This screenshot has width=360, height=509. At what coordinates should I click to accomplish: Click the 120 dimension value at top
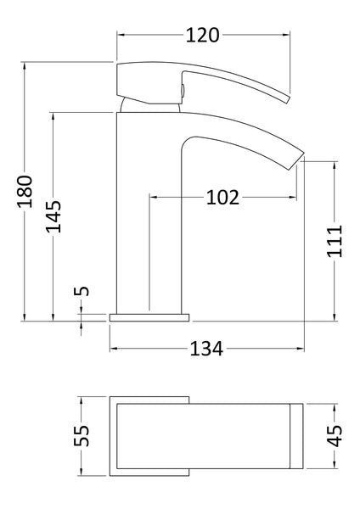point(203,35)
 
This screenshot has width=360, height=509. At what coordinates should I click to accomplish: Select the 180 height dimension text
point(25,191)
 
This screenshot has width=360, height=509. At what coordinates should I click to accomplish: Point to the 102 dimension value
point(222,198)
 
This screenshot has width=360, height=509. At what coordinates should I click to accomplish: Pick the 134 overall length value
point(205,349)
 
